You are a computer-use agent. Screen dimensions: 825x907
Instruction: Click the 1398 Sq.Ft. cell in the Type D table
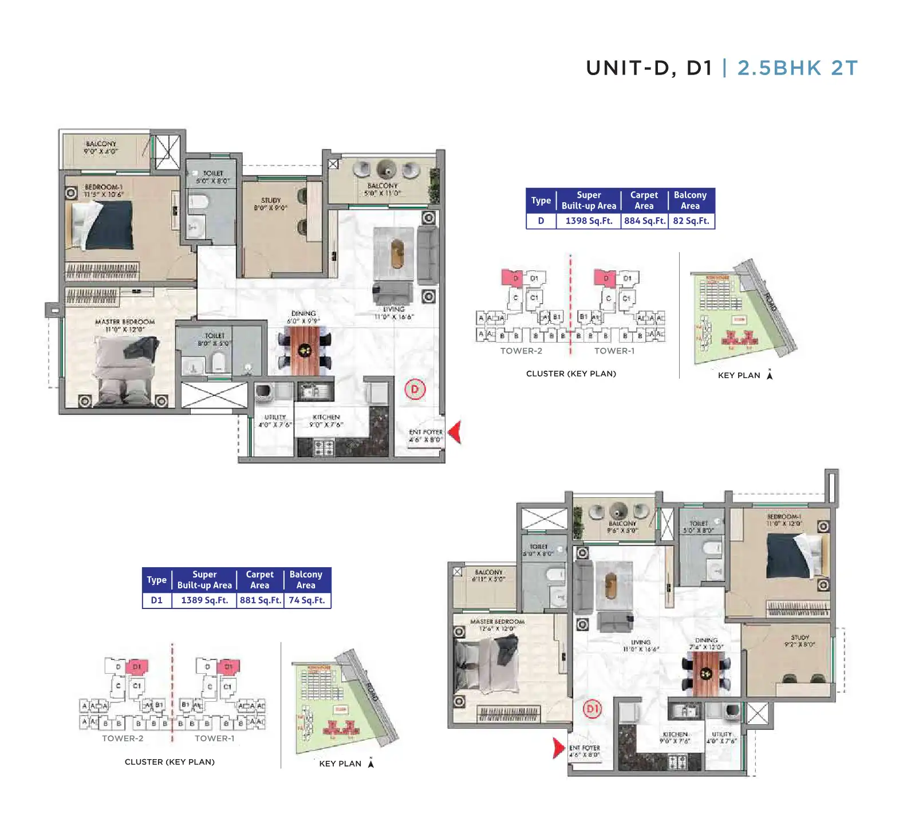(x=589, y=221)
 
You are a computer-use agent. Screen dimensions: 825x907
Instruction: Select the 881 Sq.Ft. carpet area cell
(x=261, y=600)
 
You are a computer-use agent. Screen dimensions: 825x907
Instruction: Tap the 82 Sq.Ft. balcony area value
(x=691, y=221)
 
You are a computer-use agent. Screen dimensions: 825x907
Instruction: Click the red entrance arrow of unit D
(x=456, y=432)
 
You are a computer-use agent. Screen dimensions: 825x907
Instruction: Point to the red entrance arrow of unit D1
(x=558, y=748)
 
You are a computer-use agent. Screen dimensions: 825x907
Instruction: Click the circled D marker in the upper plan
(x=415, y=390)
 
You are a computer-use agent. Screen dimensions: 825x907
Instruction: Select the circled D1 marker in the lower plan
(x=592, y=709)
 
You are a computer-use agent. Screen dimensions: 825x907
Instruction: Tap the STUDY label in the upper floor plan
(x=271, y=201)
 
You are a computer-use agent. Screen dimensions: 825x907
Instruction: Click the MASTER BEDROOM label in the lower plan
(x=497, y=622)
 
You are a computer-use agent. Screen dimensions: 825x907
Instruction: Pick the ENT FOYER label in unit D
(x=425, y=432)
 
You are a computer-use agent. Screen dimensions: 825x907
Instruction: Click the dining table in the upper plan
(x=304, y=351)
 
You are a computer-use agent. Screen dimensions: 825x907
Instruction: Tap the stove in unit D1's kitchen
(x=677, y=762)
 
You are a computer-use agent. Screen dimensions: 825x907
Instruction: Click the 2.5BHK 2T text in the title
(x=797, y=68)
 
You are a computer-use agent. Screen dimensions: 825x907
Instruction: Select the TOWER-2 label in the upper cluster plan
(x=521, y=351)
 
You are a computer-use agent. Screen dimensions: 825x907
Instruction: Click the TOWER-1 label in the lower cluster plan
(x=215, y=738)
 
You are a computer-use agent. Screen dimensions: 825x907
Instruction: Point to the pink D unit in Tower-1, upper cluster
(x=605, y=278)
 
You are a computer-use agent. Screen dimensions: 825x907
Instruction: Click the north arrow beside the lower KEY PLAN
(x=371, y=763)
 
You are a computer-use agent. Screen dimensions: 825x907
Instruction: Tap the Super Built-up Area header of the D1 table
(x=204, y=579)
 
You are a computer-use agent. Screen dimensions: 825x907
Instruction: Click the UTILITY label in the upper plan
(x=275, y=417)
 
